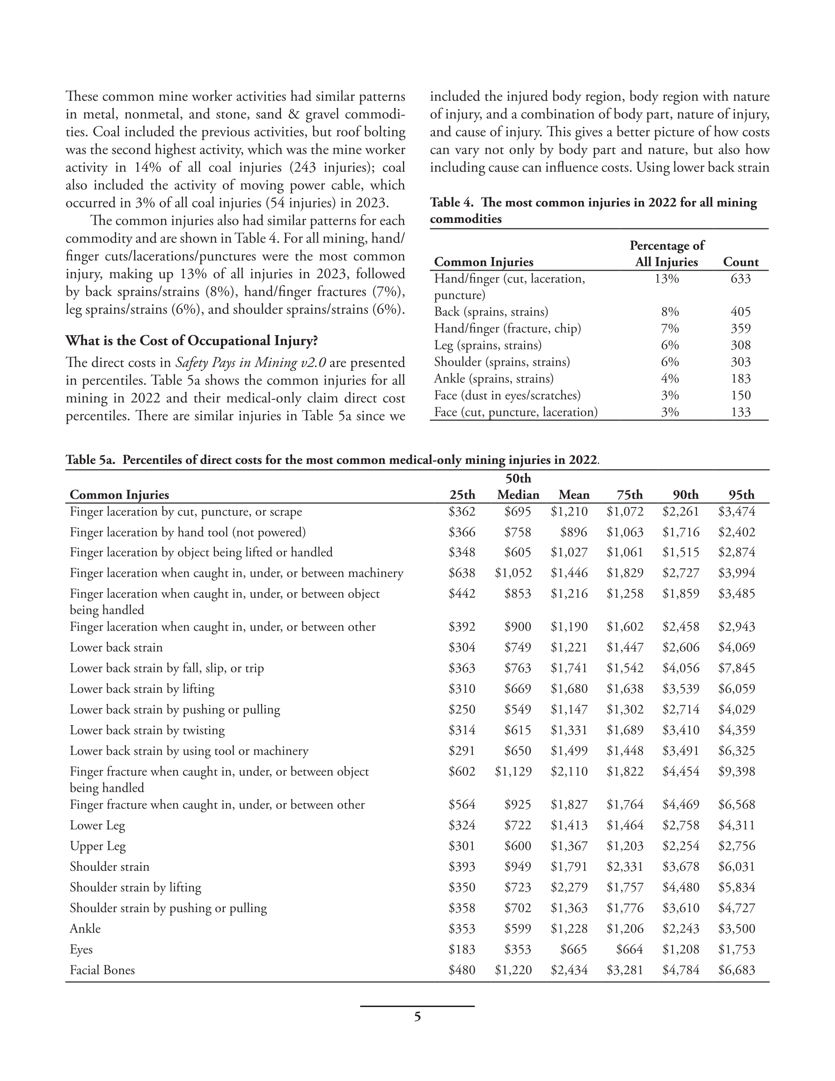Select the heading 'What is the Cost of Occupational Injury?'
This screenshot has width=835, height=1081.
191,341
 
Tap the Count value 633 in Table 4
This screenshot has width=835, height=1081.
740,279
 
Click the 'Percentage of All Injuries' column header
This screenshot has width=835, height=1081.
666,254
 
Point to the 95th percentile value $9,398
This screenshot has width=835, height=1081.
737,772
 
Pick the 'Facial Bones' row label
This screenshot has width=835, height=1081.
102,970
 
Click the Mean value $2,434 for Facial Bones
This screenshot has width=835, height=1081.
569,970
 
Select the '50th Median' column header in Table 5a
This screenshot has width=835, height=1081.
518,487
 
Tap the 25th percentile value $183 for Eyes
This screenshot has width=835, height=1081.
462,949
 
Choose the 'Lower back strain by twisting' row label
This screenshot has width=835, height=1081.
147,730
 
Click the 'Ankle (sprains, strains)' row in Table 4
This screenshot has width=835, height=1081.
493,379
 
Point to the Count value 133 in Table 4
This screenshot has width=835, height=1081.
740,412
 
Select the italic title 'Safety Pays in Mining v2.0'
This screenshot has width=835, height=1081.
250,363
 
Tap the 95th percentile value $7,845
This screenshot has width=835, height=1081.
737,668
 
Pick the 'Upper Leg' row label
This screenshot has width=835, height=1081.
97,846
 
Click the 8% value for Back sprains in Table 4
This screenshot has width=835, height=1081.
670,312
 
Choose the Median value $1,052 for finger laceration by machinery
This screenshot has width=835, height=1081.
513,573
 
